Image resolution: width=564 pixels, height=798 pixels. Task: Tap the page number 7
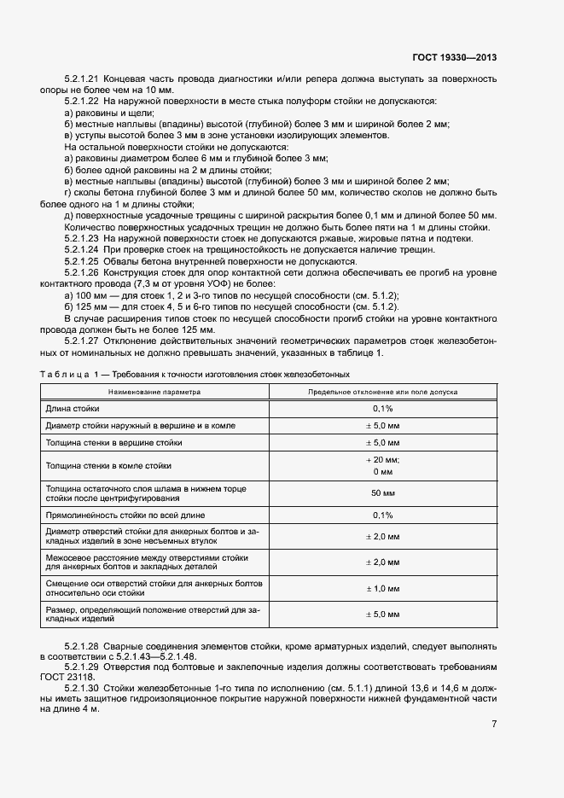(494, 725)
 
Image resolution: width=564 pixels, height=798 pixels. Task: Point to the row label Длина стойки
(73, 409)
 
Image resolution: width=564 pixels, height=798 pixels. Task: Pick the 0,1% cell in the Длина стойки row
(382, 409)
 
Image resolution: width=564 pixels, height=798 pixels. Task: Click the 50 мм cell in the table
(382, 493)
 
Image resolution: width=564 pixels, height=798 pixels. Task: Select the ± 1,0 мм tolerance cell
(382, 588)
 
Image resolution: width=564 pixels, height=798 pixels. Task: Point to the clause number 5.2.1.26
(84, 272)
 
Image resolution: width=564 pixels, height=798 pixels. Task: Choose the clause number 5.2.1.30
(84, 687)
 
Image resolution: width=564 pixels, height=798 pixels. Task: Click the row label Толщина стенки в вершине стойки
(113, 443)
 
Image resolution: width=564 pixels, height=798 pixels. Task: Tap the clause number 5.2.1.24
(84, 250)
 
